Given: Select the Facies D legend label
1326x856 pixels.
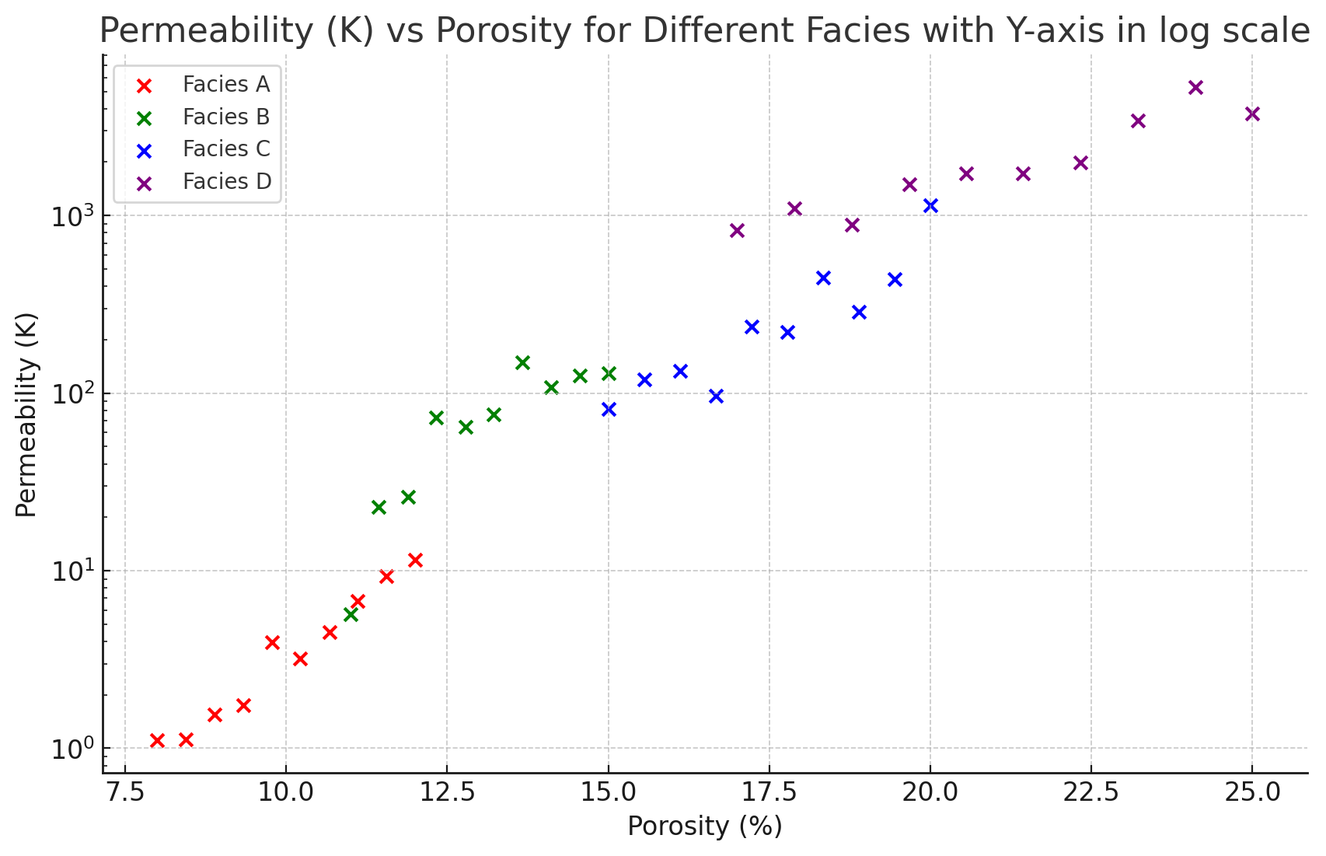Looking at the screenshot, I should (227, 182).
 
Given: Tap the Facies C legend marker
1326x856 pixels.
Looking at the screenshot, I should (144, 150).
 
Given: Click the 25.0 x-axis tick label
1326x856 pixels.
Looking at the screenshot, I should (1251, 792).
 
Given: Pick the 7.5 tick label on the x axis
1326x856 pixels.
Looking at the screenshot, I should (125, 792).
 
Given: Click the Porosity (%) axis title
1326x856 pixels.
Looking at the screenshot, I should (704, 826).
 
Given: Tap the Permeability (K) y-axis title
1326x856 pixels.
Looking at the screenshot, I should (26, 414).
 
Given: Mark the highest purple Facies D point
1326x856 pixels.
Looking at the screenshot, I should (1195, 87).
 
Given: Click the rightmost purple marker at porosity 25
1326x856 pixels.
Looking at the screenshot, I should (1252, 114).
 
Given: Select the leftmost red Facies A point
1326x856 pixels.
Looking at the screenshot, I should (157, 740).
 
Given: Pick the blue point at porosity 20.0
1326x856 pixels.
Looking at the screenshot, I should (930, 205).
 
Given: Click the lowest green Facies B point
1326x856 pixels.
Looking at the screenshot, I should (351, 614).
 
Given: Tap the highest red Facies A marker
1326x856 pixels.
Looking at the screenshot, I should (415, 560).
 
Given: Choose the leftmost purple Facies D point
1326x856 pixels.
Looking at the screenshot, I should (738, 230).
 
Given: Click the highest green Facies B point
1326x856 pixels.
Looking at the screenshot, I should (522, 362).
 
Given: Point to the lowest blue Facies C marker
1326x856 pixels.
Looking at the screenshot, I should (609, 409).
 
